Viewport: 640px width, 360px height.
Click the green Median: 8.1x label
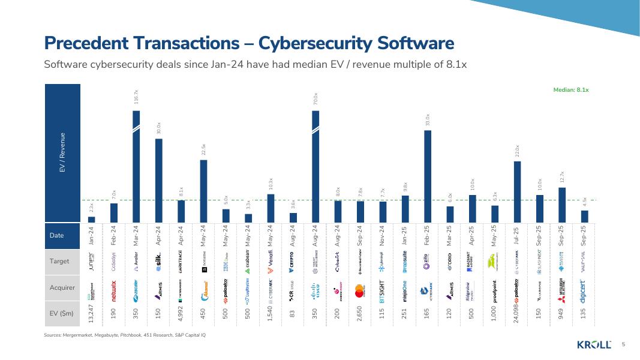click(x=570, y=90)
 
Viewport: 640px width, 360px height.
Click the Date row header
click(x=57, y=236)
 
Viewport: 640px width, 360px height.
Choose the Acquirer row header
click(x=62, y=287)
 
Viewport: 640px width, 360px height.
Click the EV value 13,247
click(x=91, y=313)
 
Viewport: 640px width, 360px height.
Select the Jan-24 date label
click(x=91, y=236)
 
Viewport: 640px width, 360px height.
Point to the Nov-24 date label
click(x=383, y=236)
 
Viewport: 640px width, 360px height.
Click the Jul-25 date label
click(x=517, y=236)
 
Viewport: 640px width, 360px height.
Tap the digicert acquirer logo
click(x=584, y=287)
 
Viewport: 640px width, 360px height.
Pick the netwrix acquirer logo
click(x=114, y=287)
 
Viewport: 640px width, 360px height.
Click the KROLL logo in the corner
click(x=594, y=344)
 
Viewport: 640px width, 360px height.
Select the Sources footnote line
click(x=125, y=334)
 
